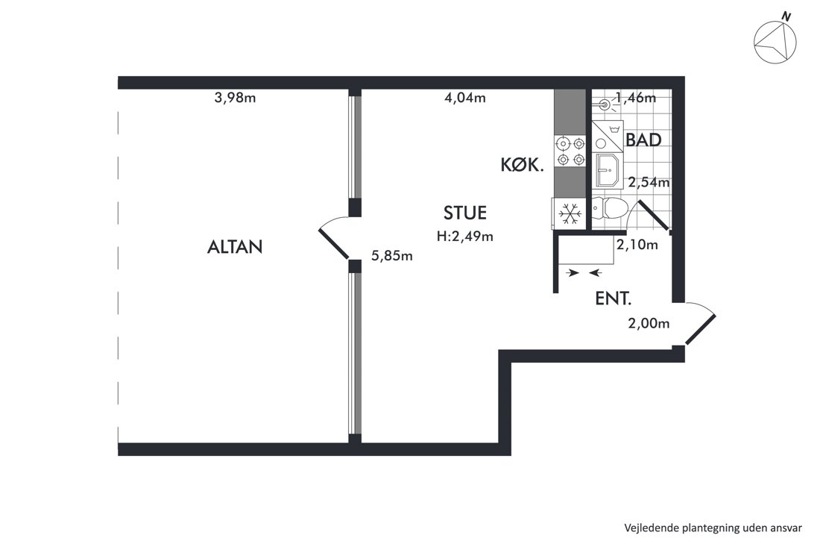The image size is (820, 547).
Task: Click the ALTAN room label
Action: pos(235,246)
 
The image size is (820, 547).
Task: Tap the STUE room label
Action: pos(465,213)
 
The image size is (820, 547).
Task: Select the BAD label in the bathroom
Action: pos(643,140)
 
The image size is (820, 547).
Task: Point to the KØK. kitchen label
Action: pos(523,166)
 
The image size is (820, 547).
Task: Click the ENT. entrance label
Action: pos(614,299)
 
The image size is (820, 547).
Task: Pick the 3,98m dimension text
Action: pos(235,98)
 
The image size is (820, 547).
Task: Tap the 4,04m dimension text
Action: pos(465,98)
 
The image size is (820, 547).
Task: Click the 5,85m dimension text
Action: pos(391,256)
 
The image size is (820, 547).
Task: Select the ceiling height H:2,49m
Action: pos(465,237)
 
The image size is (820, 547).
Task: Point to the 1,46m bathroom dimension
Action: pos(635,98)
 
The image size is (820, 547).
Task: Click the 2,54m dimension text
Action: pos(649,183)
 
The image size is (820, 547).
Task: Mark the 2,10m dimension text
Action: pos(637,245)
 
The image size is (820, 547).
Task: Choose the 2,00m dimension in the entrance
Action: pos(649,323)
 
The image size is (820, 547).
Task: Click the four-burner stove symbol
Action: pos(570,151)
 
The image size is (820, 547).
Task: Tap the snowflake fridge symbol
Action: pos(570,213)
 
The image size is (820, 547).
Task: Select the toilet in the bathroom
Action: pos(610,209)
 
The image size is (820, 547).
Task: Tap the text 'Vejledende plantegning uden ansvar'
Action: pos(713,528)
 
